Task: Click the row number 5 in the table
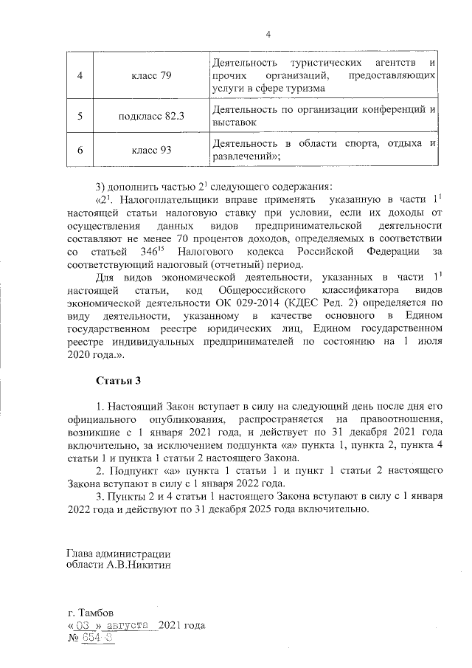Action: click(80, 117)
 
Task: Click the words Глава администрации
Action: click(118, 553)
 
